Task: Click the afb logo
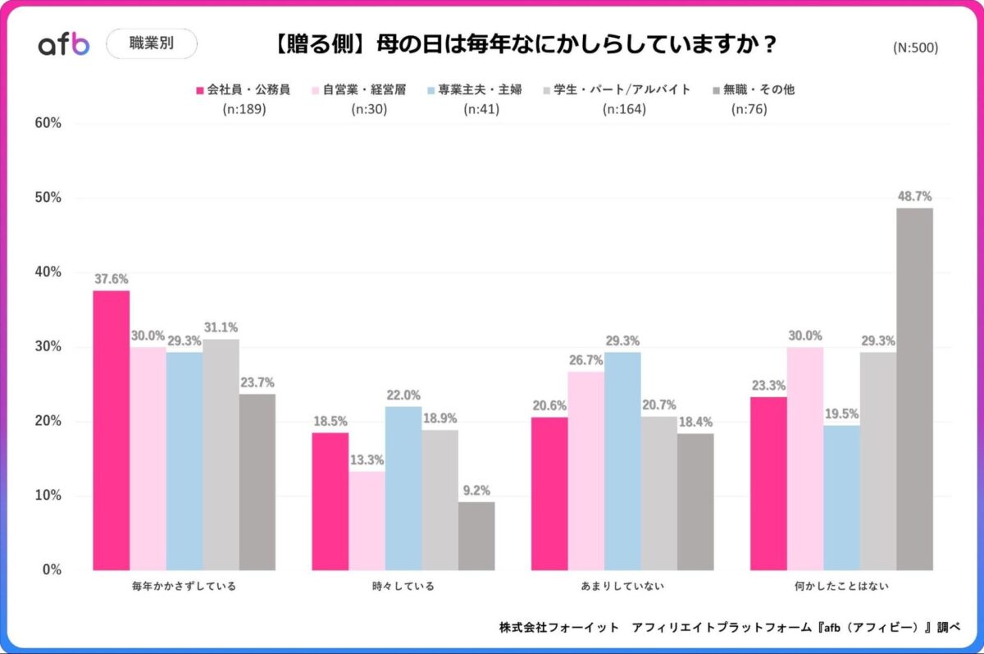tap(64, 44)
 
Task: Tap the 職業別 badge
tap(152, 44)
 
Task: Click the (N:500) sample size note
tap(915, 48)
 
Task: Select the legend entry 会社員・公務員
tap(243, 89)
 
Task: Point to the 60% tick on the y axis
tap(48, 123)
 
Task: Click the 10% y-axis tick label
tap(48, 496)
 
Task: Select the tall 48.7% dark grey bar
tap(914, 389)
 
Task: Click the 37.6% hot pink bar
tap(111, 430)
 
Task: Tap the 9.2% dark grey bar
tap(476, 536)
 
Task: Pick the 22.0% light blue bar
tap(403, 488)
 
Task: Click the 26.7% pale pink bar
tap(586, 471)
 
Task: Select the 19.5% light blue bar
tap(841, 497)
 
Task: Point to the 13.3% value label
tap(367, 460)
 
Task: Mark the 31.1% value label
tap(221, 327)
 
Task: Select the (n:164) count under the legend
tap(624, 109)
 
